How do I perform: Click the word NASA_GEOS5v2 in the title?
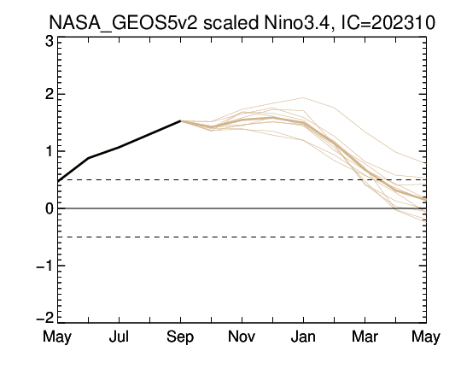click(x=123, y=23)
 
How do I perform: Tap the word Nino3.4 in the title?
click(x=299, y=22)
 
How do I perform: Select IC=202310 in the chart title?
click(x=388, y=22)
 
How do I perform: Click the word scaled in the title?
click(x=230, y=22)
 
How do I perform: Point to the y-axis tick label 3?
click(x=50, y=41)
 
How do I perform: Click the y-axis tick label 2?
click(x=50, y=95)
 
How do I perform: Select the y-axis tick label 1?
click(x=50, y=151)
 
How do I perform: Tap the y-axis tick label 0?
click(x=50, y=208)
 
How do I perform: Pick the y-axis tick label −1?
click(x=45, y=266)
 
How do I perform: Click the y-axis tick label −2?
click(x=45, y=318)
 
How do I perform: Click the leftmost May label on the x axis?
click(x=57, y=337)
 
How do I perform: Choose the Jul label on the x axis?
click(x=119, y=337)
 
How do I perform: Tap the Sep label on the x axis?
click(x=180, y=337)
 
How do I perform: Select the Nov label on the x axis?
click(x=242, y=337)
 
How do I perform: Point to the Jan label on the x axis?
click(x=303, y=337)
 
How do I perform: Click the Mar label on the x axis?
click(x=365, y=337)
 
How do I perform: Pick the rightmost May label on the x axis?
click(x=426, y=337)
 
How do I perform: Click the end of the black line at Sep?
click(x=180, y=120)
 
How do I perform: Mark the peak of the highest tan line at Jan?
click(x=303, y=97)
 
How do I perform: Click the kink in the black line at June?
click(x=89, y=158)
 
